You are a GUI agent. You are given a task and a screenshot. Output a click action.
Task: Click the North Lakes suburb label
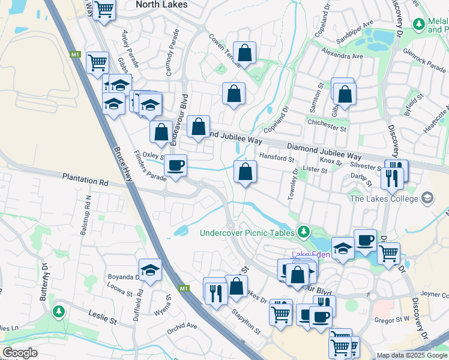point(161,4)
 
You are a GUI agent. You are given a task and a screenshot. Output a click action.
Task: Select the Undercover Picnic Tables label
point(247,232)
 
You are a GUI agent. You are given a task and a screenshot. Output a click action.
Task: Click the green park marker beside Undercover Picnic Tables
point(304,232)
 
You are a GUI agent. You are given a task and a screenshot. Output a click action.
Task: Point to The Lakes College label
point(384,199)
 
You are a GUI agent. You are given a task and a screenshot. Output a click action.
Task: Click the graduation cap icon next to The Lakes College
point(427,197)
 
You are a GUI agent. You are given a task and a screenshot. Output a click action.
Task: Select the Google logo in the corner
point(20,353)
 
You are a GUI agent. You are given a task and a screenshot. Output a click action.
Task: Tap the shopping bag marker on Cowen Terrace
point(244,53)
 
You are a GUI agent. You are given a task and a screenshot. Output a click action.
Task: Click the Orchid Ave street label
point(182,326)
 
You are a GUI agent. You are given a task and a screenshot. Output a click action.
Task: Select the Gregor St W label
point(392,319)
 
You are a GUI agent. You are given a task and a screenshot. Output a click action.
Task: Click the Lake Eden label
point(310,255)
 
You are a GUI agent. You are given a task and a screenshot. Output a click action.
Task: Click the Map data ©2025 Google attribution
point(411,355)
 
